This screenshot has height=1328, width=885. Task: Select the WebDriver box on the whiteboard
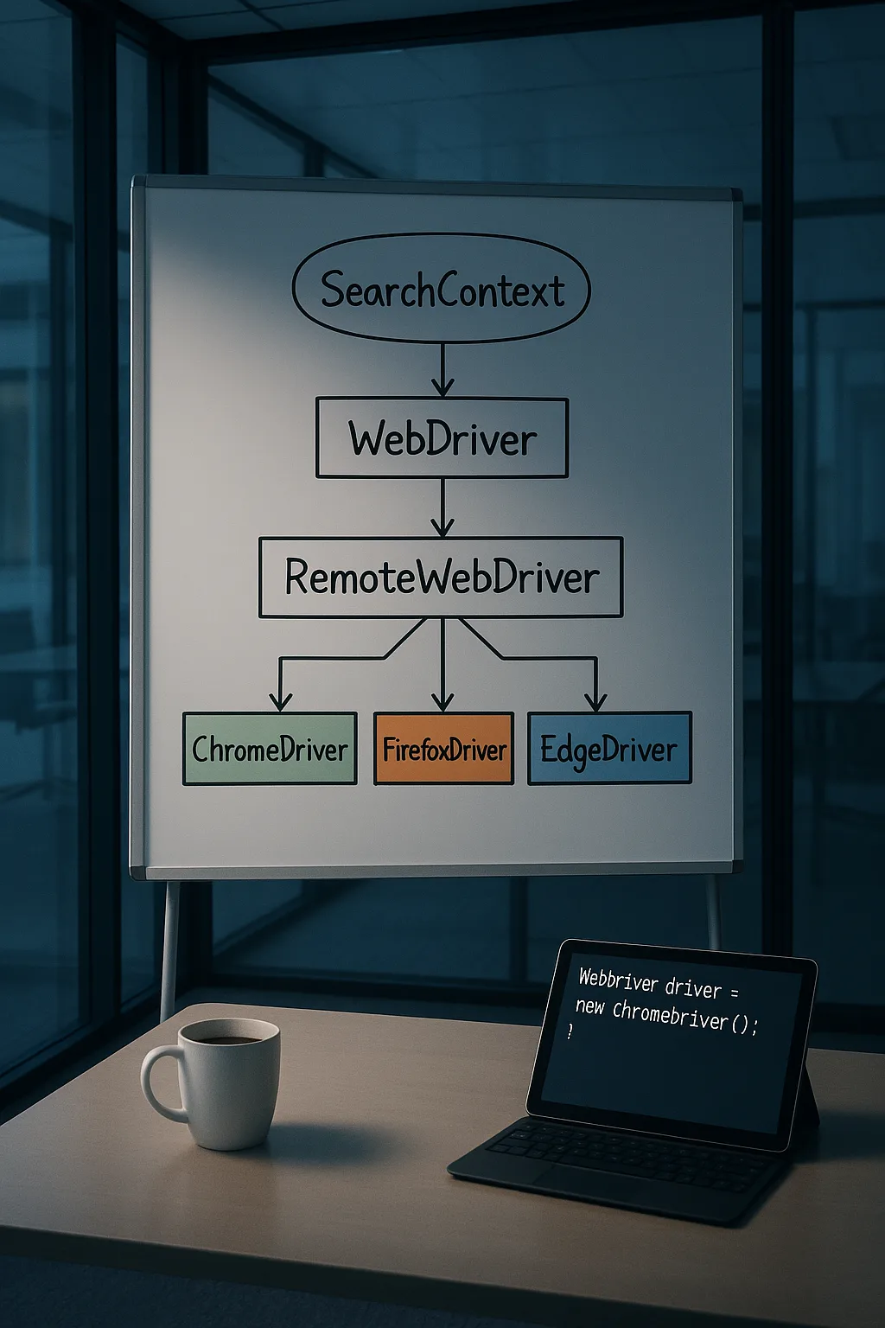click(x=442, y=438)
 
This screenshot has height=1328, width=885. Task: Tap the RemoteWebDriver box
click(x=441, y=578)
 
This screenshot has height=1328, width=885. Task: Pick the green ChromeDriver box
click(x=270, y=748)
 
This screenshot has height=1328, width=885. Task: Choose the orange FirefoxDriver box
click(x=443, y=748)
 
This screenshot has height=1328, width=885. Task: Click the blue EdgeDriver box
click(x=609, y=748)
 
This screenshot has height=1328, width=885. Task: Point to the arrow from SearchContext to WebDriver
click(x=442, y=370)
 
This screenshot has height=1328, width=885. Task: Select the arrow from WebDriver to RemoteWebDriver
click(x=442, y=508)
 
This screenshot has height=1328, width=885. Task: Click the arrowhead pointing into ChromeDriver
click(x=280, y=701)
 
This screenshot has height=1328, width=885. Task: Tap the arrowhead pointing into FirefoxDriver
click(x=442, y=701)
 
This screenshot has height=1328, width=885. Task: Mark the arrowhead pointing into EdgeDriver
click(x=595, y=701)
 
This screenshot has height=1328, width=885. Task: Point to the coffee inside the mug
click(x=228, y=1039)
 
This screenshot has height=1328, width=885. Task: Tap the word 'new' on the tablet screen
click(x=589, y=1006)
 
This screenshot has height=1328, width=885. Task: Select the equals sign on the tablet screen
click(x=734, y=992)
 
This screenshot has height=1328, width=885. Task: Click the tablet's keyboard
click(x=616, y=1156)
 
